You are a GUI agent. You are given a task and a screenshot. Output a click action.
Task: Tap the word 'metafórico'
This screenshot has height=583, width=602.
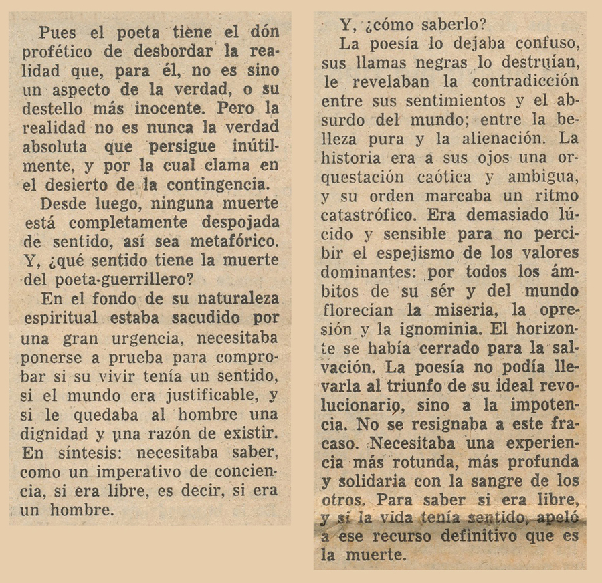[x=234, y=241]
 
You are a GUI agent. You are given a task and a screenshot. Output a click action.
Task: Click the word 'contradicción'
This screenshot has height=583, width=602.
[x=525, y=82]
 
